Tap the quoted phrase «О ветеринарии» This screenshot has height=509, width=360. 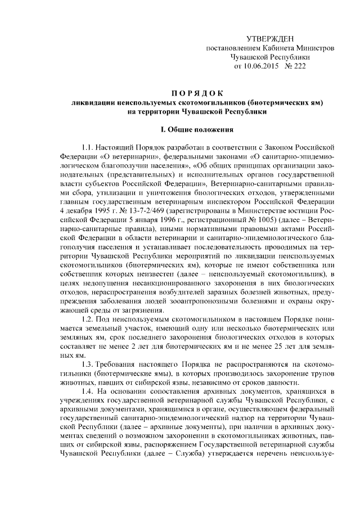(127, 157)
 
